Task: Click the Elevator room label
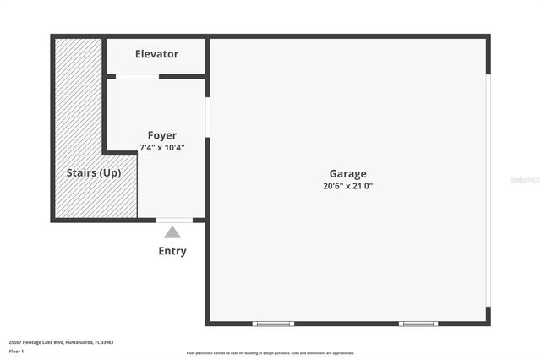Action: [156, 54]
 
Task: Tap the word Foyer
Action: [162, 135]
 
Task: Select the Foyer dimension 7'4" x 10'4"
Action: [162, 148]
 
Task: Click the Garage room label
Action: [347, 174]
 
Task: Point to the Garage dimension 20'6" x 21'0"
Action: [347, 186]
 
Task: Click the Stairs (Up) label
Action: [94, 173]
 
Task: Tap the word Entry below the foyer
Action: [172, 251]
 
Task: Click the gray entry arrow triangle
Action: [172, 232]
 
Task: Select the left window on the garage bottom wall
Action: [274, 324]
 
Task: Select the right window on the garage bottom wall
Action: [418, 324]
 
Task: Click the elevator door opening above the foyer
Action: [137, 77]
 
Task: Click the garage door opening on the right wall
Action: [488, 190]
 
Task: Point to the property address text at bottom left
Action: [61, 342]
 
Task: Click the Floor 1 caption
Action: [17, 351]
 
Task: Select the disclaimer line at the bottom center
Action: [270, 353]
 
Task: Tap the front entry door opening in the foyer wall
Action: [174, 221]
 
